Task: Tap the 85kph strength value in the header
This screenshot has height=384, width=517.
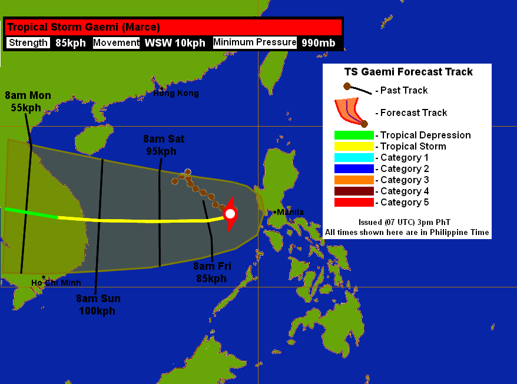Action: [x=71, y=42]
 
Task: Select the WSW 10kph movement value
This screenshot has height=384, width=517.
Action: [x=175, y=42]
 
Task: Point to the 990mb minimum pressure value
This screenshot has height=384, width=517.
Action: [x=318, y=42]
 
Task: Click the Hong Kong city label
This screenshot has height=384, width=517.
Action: [x=176, y=93]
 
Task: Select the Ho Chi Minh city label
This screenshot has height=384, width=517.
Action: [x=56, y=283]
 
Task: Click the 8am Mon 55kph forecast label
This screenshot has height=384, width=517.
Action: [x=28, y=101]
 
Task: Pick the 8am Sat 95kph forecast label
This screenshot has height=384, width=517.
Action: [x=164, y=145]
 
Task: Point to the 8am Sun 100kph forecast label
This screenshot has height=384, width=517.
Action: [x=97, y=304]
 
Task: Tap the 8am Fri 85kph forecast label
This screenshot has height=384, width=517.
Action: [x=212, y=272]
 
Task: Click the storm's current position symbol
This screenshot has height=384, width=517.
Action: [x=230, y=214]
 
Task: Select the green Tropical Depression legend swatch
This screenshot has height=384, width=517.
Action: [x=354, y=135]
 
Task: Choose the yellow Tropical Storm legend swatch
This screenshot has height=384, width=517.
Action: [x=354, y=147]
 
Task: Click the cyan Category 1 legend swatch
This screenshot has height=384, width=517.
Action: [x=354, y=158]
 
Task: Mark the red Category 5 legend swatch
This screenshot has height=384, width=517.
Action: [x=354, y=203]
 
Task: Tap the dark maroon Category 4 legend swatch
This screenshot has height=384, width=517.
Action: [x=354, y=191]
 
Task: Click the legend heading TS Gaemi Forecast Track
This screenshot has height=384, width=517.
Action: [x=408, y=72]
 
